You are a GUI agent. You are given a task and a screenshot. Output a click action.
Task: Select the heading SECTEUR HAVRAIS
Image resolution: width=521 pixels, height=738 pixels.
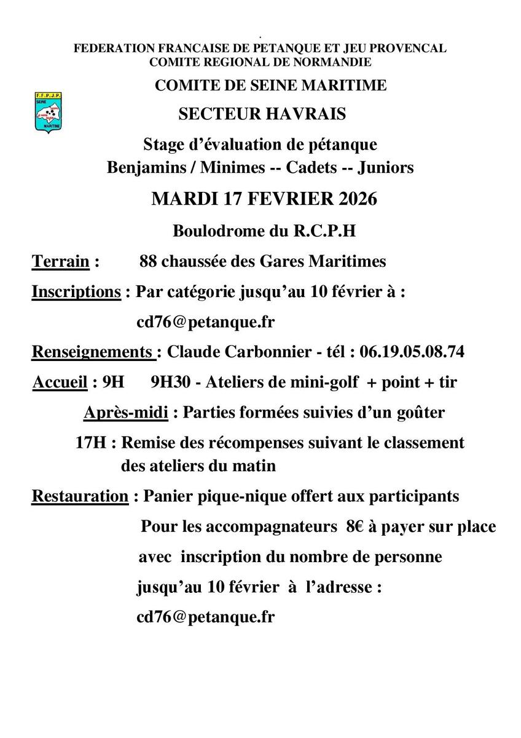(262, 114)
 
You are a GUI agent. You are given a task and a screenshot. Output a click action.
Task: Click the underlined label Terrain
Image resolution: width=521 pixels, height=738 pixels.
(60, 261)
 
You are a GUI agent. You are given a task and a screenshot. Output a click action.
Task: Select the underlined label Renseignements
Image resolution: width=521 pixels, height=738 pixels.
(93, 352)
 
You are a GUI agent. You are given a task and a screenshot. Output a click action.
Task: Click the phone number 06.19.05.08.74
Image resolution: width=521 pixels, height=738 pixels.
(412, 352)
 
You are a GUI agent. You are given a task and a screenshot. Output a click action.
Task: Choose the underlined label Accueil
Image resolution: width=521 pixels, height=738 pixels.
(59, 382)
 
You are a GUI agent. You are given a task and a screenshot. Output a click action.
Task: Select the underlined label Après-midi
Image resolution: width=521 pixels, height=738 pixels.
(126, 412)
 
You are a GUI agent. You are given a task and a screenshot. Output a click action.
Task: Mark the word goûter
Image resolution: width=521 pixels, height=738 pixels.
(421, 412)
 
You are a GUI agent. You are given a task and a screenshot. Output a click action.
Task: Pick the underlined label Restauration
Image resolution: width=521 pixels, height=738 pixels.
(80, 496)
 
